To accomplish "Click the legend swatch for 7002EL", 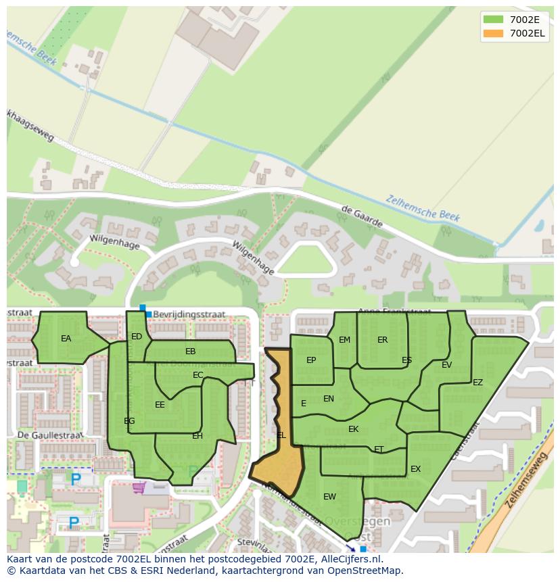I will (x=494, y=33).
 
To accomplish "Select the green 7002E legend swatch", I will (x=494, y=19).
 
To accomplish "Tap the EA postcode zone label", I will (x=66, y=339).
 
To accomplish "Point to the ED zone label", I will (x=137, y=337).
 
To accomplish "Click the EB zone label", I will (x=190, y=351).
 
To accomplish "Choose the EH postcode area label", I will (x=197, y=436).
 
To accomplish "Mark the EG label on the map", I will (x=129, y=421).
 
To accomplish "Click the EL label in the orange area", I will (x=281, y=435).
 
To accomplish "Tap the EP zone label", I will (x=311, y=360).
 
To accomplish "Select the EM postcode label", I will (x=345, y=340).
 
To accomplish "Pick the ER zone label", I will (x=383, y=340).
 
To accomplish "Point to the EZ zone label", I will (x=477, y=383).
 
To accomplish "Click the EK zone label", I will (x=353, y=429).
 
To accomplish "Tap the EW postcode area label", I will (x=329, y=497).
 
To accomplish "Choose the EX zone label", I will (x=415, y=469).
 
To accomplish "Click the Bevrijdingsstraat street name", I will (x=189, y=315).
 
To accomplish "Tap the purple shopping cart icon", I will (x=139, y=487).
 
